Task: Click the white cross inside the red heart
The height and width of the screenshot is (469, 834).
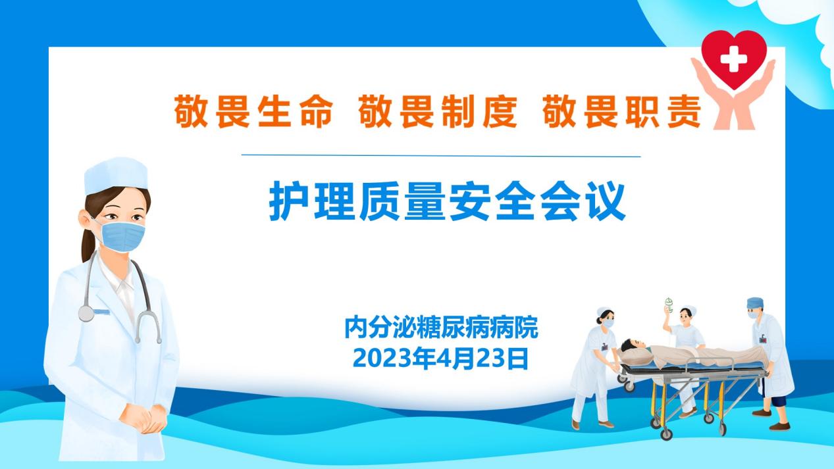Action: coord(733,59)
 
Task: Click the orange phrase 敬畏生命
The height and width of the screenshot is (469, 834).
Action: coord(253,111)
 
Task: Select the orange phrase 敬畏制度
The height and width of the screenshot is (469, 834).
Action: coord(438,111)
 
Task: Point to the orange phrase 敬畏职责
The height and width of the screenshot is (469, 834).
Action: coord(622,111)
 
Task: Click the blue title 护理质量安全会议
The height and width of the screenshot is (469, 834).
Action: coord(447,201)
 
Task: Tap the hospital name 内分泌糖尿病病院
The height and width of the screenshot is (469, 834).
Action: coord(441,328)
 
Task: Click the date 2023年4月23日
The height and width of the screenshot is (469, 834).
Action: coord(441,358)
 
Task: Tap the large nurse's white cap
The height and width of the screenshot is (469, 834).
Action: coord(116,175)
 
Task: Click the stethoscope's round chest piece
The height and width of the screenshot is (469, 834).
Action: coord(86,314)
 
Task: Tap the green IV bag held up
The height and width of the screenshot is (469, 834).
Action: coord(669,305)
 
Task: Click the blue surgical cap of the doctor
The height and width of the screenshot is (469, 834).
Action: coord(755,303)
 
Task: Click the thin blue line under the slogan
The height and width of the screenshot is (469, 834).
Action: coord(441,156)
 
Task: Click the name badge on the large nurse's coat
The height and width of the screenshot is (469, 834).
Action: coord(101,312)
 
